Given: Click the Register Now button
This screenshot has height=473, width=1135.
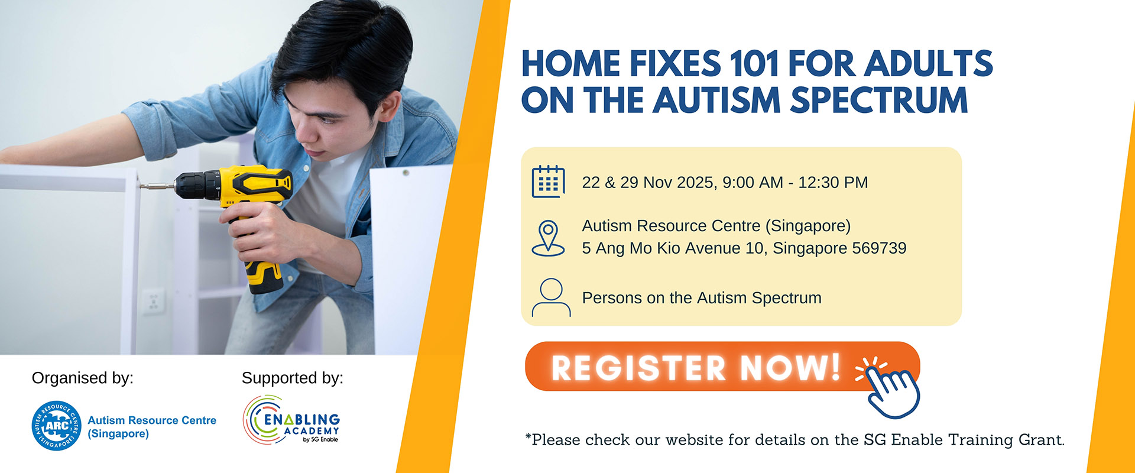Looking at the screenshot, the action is click(x=722, y=367).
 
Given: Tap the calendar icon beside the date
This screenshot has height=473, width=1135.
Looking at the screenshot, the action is click(x=548, y=182).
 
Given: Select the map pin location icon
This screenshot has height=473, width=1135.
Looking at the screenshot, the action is click(x=548, y=238).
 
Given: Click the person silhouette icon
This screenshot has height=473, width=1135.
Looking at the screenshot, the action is click(x=551, y=297).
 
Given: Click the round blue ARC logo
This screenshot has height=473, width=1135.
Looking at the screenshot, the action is click(x=57, y=426).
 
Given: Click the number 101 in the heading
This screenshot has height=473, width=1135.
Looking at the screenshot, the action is click(x=754, y=64).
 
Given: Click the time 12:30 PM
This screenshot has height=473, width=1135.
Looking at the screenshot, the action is click(x=833, y=182).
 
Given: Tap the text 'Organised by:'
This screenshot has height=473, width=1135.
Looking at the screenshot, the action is click(x=83, y=378).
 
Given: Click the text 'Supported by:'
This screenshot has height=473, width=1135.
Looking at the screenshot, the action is click(x=293, y=378).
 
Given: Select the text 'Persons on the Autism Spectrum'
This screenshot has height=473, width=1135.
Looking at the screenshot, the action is click(x=702, y=298).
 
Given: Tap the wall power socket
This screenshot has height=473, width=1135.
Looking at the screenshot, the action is click(x=153, y=301).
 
